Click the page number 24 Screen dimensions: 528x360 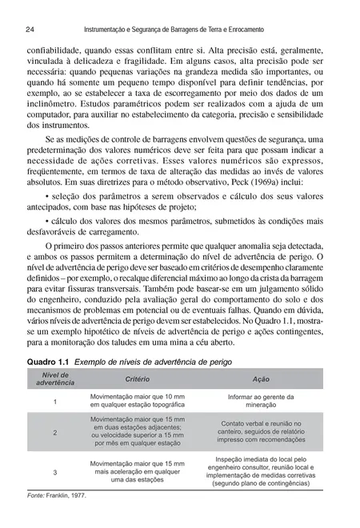(x=30, y=29)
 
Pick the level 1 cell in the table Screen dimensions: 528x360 (x=55, y=401)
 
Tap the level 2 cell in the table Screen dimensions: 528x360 (x=55, y=433)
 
